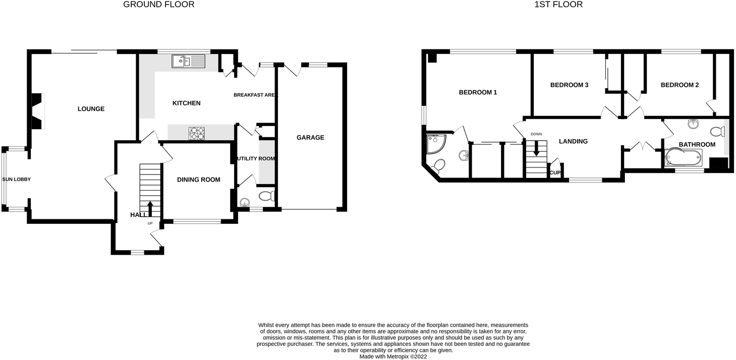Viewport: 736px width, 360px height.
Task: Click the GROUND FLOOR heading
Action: (158, 5)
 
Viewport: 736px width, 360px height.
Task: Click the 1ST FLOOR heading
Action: (558, 5)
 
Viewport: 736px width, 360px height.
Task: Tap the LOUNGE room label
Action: (91, 109)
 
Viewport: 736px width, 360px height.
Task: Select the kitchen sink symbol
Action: (188, 62)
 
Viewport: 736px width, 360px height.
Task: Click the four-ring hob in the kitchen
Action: (197, 133)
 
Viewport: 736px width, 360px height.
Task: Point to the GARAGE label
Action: (310, 138)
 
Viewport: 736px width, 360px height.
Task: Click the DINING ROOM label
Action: (199, 179)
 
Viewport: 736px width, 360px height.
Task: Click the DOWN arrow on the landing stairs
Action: (536, 147)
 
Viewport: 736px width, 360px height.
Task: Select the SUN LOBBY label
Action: (17, 179)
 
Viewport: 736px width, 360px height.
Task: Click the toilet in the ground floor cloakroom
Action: (265, 196)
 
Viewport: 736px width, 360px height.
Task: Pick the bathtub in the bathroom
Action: (684, 157)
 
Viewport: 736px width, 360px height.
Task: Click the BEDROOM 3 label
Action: (569, 85)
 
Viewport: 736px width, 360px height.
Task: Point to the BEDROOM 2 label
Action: (680, 85)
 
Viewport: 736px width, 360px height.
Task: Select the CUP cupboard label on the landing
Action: (555, 172)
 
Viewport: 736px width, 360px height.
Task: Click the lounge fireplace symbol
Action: (38, 111)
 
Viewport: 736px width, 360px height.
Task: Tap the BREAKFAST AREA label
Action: (255, 95)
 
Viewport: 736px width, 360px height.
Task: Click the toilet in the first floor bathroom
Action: (716, 132)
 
